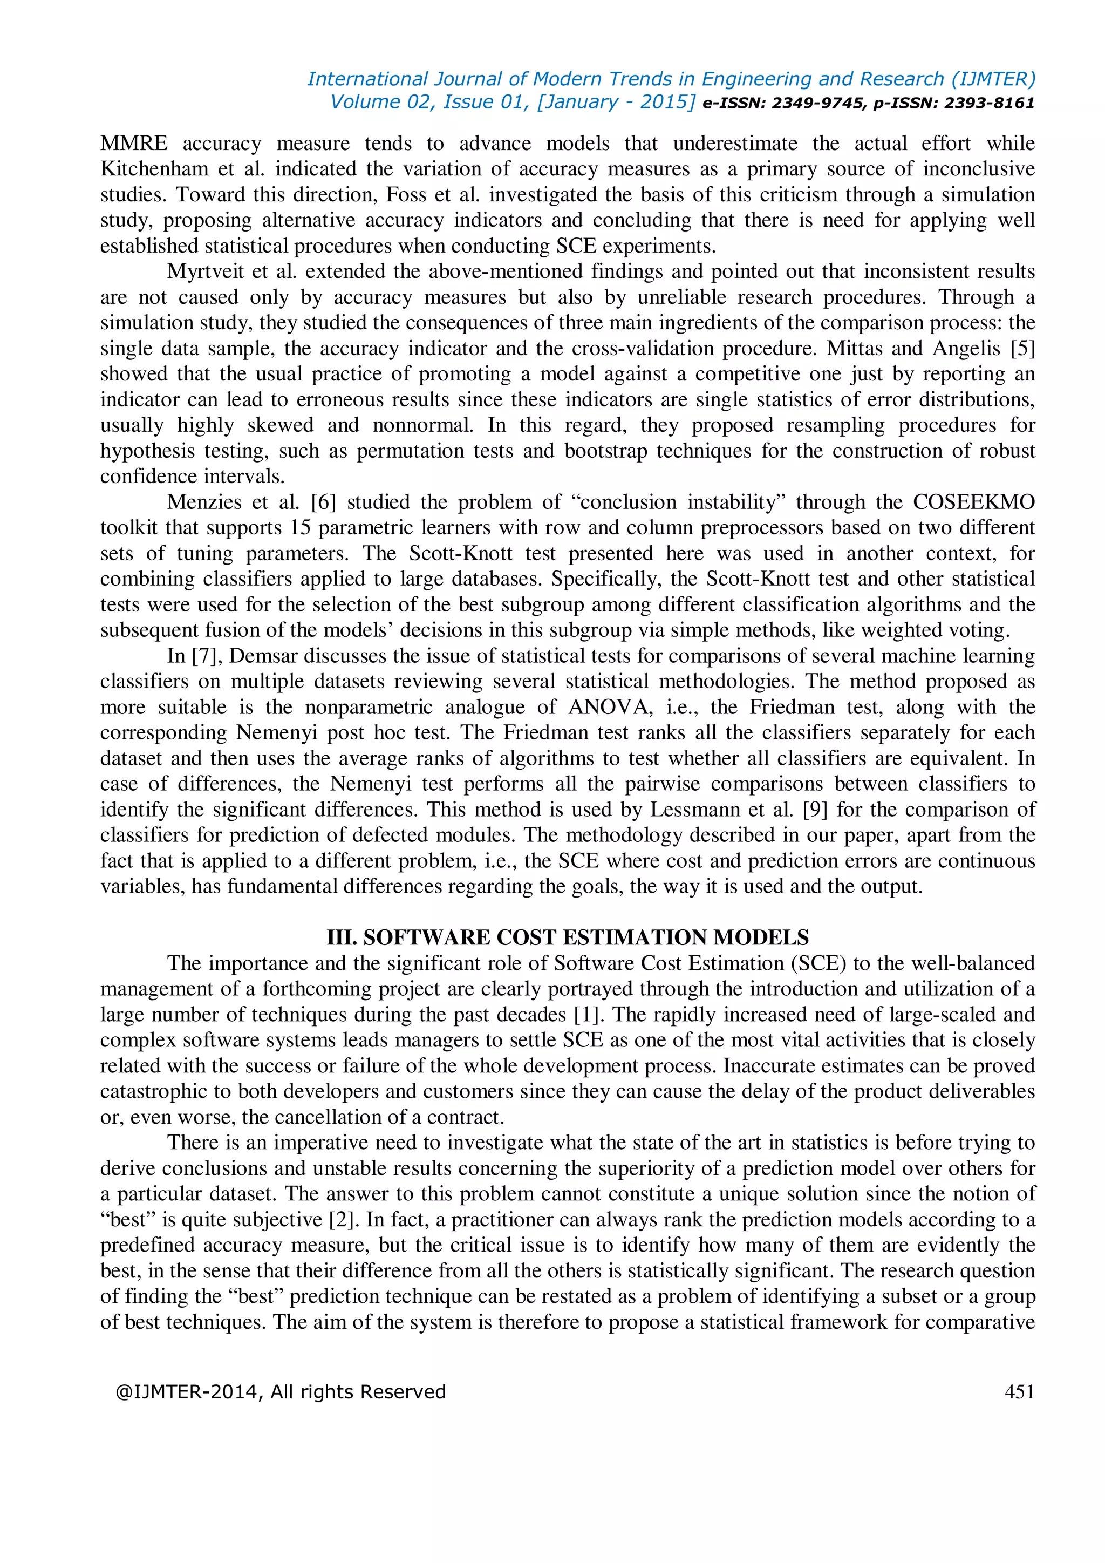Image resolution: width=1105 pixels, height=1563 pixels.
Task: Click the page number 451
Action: click(1019, 1391)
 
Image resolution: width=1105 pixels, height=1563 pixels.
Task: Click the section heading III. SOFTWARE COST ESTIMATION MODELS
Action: click(568, 937)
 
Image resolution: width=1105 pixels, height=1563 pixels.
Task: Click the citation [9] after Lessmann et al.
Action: click(816, 810)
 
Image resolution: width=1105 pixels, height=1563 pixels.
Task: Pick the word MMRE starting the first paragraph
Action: click(133, 143)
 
